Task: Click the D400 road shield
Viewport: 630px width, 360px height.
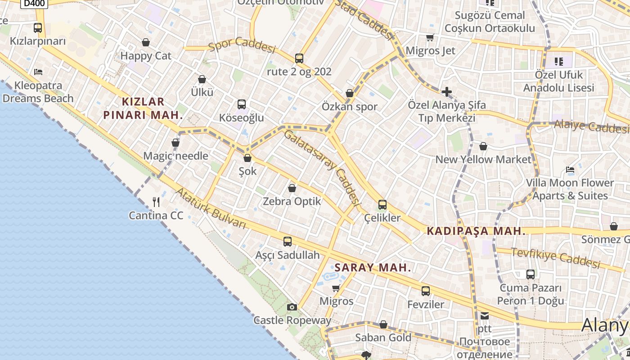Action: click(x=34, y=3)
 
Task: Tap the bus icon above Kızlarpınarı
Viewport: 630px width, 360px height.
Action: click(x=38, y=28)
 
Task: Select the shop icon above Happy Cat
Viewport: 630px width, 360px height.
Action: click(x=146, y=42)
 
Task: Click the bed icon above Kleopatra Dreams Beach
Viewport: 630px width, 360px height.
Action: click(x=38, y=72)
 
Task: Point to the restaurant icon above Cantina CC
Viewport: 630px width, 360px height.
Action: click(x=156, y=202)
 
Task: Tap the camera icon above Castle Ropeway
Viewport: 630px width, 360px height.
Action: click(x=292, y=307)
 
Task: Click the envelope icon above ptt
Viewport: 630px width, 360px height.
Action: click(x=485, y=315)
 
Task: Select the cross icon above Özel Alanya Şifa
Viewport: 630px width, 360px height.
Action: click(x=446, y=92)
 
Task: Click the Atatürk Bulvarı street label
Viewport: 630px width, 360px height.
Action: click(x=211, y=208)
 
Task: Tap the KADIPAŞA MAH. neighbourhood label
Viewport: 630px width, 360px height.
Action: click(x=476, y=231)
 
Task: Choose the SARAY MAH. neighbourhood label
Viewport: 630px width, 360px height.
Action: click(x=373, y=268)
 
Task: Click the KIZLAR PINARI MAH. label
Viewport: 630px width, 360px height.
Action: click(x=143, y=108)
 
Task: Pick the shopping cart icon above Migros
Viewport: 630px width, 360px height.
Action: click(x=336, y=288)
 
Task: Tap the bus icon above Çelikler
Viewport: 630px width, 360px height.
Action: click(x=382, y=205)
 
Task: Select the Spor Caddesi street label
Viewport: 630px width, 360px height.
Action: click(x=242, y=46)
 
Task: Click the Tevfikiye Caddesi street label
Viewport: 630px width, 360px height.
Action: click(x=556, y=258)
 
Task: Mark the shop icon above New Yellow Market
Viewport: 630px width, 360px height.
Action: click(x=483, y=146)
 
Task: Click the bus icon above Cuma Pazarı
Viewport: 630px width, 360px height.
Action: click(x=531, y=274)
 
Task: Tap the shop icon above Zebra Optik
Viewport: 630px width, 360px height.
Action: click(x=292, y=188)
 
